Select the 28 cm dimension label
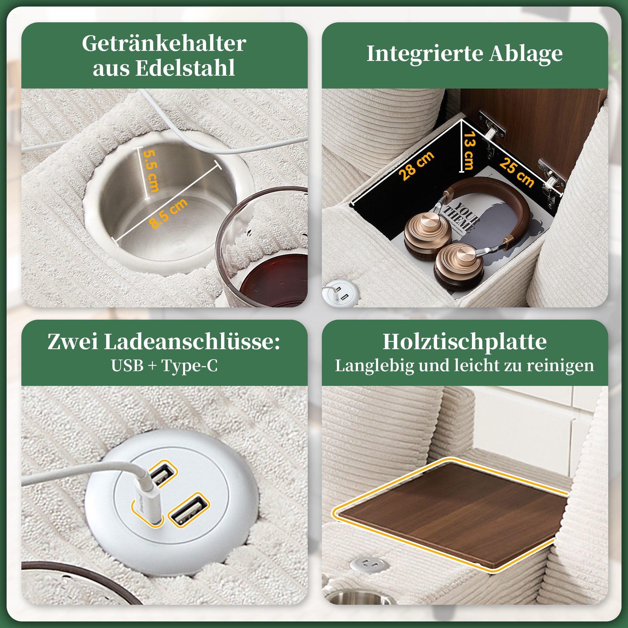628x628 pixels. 417,166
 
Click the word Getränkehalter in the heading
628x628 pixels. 164,44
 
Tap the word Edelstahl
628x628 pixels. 185,68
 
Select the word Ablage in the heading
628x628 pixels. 526,54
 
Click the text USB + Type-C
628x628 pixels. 164,366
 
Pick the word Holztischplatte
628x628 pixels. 464,342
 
